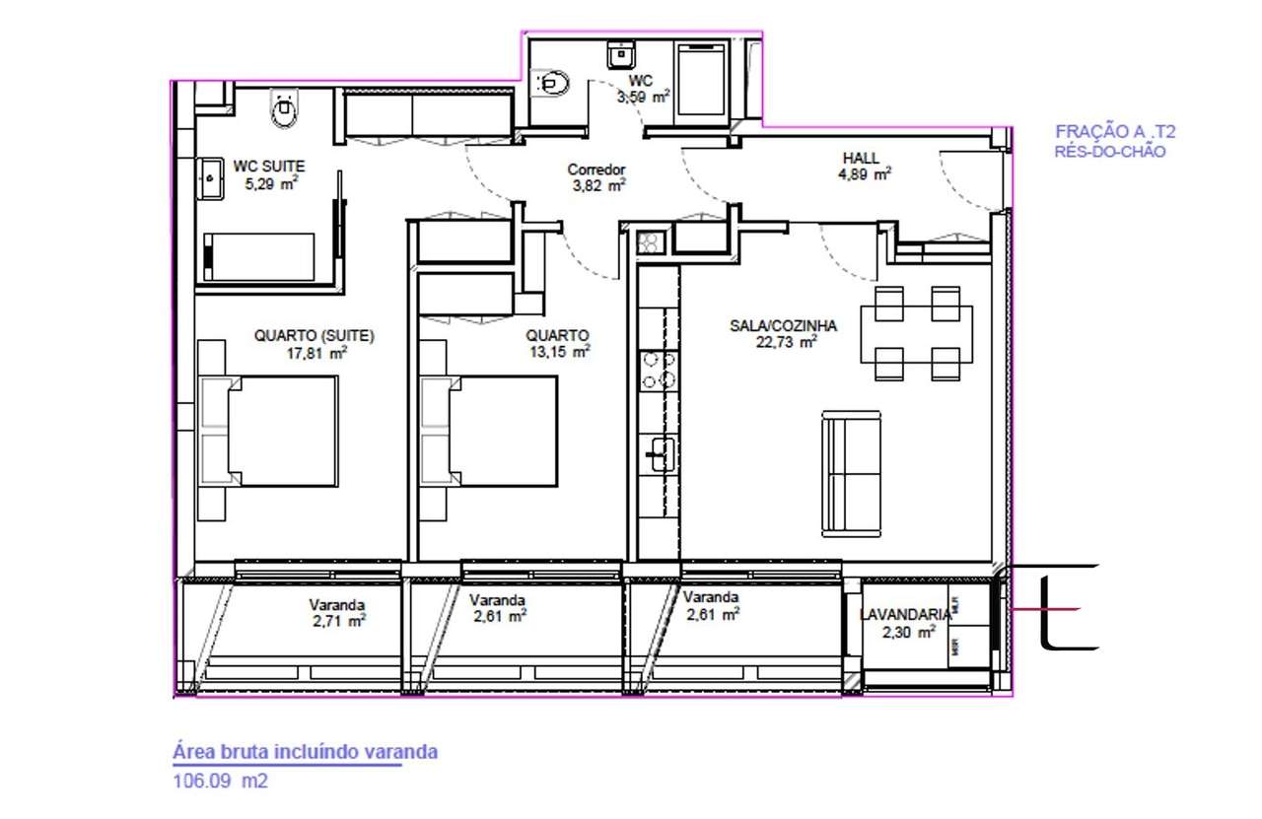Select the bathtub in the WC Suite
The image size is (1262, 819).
[258, 257]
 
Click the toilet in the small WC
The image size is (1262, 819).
[551, 84]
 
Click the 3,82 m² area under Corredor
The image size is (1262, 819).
[598, 184]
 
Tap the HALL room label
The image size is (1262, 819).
[861, 158]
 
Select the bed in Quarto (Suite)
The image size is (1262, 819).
[282, 430]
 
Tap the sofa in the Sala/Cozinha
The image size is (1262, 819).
[852, 475]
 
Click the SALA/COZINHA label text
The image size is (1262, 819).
[783, 325]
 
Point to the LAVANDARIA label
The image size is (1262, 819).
[905, 614]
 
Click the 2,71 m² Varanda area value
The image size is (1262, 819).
[337, 621]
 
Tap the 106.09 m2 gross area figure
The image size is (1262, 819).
[220, 782]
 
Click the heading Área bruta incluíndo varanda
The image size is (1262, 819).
[305, 752]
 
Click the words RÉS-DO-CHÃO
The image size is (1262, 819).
[1109, 152]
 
